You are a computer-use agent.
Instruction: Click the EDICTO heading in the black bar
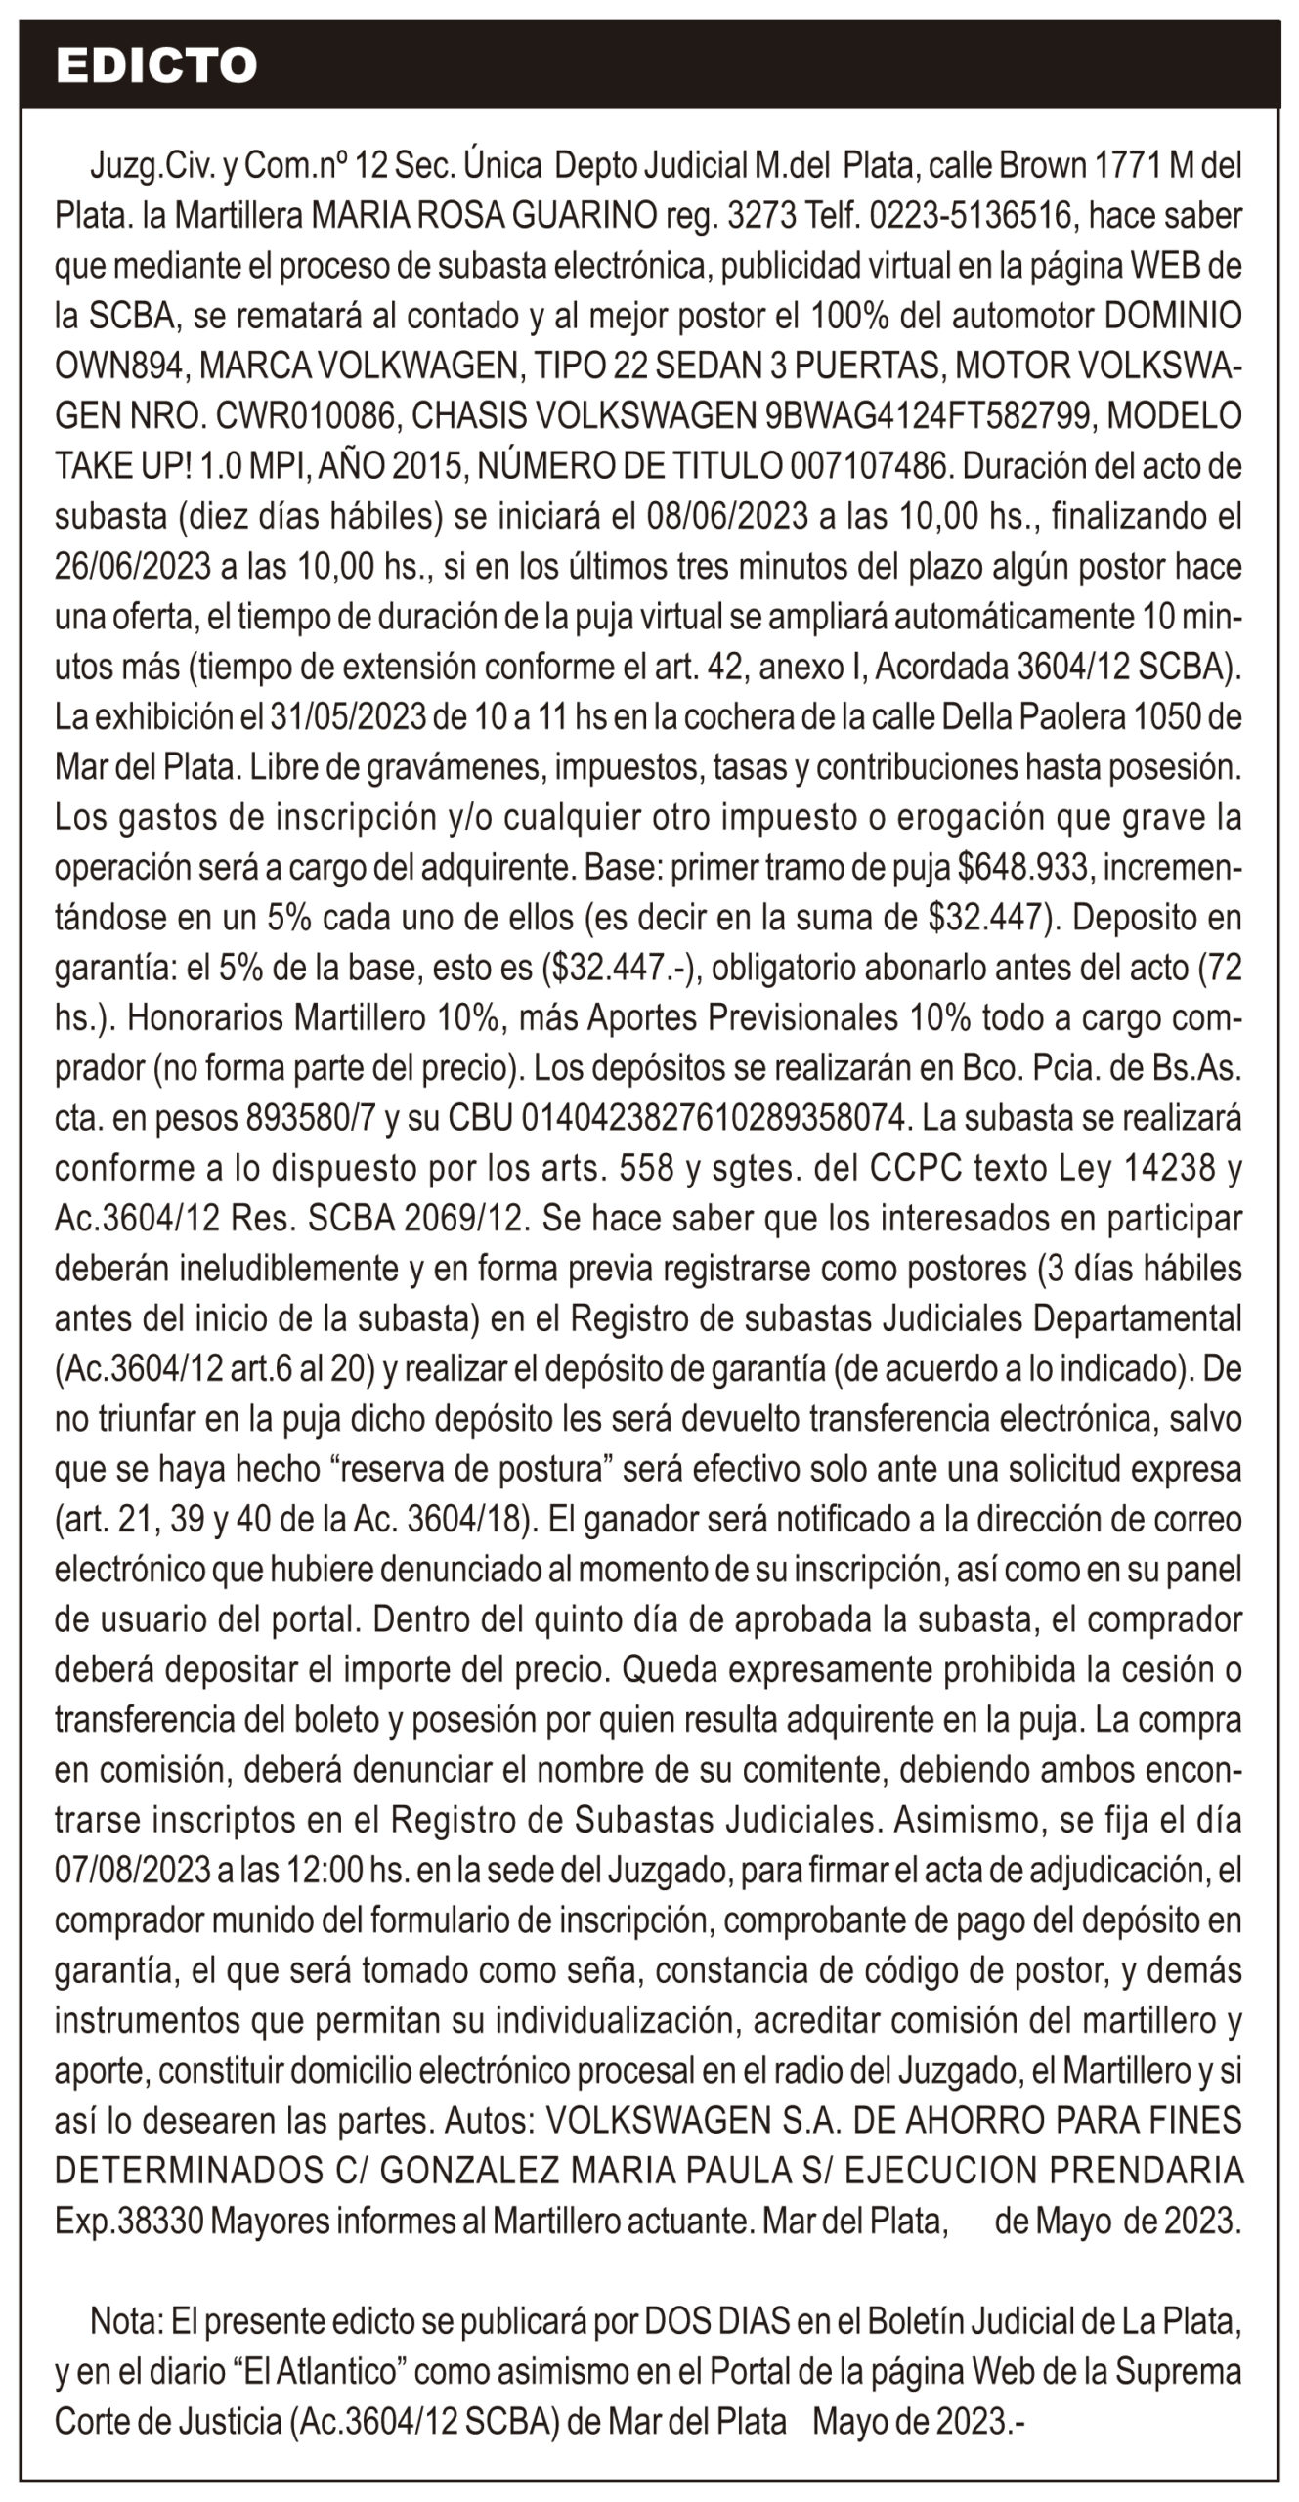[x=156, y=65]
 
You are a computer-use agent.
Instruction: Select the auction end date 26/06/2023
[x=135, y=567]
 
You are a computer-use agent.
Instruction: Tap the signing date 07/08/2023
[x=133, y=1870]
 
